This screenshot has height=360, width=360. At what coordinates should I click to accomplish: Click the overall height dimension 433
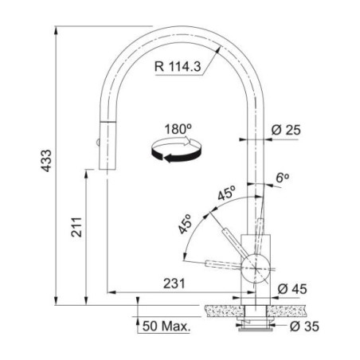point(47,161)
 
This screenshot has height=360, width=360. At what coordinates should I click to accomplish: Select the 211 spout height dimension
point(76,227)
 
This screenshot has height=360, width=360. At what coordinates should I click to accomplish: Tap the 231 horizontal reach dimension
point(174,284)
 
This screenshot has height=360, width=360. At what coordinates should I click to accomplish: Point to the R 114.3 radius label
point(178,66)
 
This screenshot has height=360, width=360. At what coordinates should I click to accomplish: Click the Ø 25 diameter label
point(286,130)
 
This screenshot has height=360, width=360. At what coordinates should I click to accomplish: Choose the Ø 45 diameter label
point(292,289)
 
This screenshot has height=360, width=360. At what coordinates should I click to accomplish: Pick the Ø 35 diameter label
point(304,327)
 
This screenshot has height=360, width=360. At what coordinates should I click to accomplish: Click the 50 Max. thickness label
point(166,326)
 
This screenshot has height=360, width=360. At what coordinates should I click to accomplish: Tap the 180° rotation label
point(178,129)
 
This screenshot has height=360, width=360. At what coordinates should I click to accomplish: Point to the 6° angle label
point(282,178)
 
